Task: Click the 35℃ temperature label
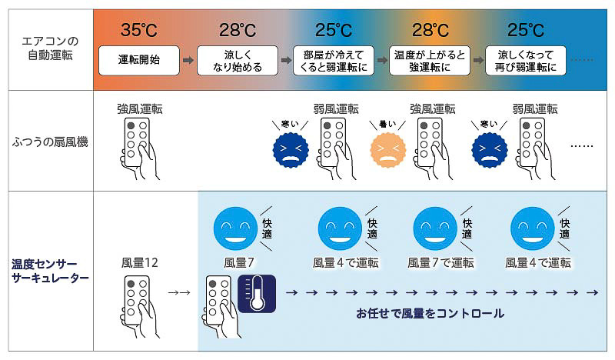click(140, 31)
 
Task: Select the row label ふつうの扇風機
click(47, 142)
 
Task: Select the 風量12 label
click(139, 263)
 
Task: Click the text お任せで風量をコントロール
click(430, 313)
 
